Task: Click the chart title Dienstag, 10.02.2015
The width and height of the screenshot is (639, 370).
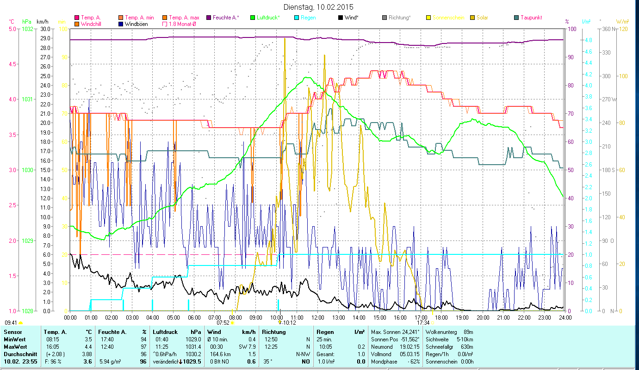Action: tap(319, 7)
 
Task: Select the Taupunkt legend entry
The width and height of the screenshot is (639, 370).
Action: tap(531, 18)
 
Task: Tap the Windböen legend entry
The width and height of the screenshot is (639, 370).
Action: tap(136, 24)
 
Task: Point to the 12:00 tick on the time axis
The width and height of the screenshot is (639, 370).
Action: tap(318, 317)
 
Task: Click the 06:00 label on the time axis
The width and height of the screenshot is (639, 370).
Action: tap(194, 317)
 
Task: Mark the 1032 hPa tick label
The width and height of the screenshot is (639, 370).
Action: tap(27, 29)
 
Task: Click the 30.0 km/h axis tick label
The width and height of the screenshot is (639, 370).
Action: tap(45, 29)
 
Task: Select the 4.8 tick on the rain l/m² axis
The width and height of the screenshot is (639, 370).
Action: tap(588, 40)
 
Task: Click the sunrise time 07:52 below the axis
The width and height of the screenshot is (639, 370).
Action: tap(223, 323)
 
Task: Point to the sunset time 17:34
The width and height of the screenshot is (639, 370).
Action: tap(423, 323)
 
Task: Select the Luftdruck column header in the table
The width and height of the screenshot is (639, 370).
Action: tap(165, 332)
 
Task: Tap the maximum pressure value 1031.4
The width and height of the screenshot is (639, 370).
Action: tap(192, 346)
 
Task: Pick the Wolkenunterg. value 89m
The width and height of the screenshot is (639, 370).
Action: tap(468, 332)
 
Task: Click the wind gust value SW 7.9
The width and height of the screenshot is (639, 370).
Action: tap(247, 346)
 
